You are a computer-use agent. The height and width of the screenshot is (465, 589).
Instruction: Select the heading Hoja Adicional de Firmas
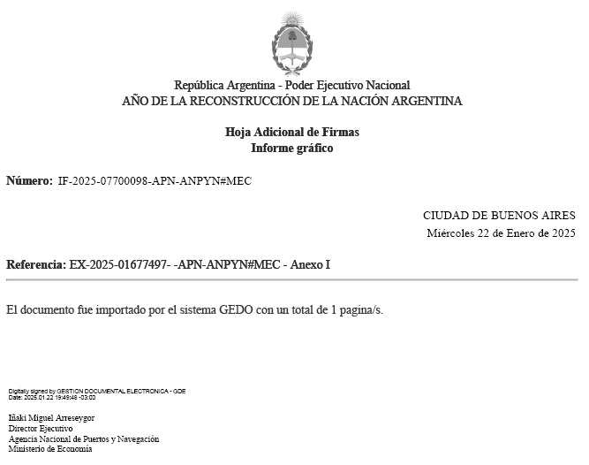292,133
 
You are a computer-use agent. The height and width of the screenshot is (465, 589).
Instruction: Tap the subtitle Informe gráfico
292,149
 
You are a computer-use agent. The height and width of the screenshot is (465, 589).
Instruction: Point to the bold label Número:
29,181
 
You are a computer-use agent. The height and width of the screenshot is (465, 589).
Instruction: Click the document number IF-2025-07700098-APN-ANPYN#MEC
155,181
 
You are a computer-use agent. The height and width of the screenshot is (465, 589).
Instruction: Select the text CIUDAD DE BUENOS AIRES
499,216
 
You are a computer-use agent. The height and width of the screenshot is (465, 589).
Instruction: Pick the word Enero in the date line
519,233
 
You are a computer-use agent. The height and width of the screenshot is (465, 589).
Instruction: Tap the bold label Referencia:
35,265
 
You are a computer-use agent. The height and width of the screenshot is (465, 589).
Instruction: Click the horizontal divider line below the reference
292,280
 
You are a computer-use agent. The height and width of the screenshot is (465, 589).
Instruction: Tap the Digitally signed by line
97,391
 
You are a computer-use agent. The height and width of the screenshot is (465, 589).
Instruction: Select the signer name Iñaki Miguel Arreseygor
51,417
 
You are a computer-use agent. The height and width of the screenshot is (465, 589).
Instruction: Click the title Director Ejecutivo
41,428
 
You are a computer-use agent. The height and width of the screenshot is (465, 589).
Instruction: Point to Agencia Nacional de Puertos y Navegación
84,438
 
